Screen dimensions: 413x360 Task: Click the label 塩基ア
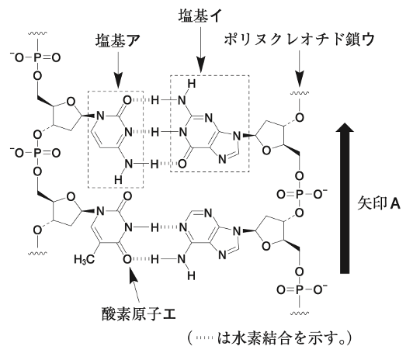[117, 41]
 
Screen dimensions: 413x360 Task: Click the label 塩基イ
[200, 16]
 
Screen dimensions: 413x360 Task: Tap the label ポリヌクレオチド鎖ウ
[299, 40]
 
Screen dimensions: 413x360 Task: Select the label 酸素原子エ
[138, 313]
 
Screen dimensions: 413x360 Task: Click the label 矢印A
[379, 203]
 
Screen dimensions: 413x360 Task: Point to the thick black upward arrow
[345, 198]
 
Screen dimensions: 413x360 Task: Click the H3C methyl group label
[84, 260]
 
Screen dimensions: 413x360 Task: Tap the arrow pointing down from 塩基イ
[201, 49]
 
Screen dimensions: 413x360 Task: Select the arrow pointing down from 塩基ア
[118, 70]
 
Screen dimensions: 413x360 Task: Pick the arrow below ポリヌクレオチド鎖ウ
[299, 68]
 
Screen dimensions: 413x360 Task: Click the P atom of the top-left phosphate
[37, 57]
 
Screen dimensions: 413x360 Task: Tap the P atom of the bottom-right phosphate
[299, 290]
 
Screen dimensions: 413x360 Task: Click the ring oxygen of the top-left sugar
[71, 102]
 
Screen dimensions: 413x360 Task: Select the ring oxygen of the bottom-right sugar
[266, 246]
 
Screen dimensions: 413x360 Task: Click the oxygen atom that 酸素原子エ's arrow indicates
[127, 259]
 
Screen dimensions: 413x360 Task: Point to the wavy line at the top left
[38, 33]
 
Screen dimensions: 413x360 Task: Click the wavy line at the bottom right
[299, 313]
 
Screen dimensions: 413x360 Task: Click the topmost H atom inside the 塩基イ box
[192, 84]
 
